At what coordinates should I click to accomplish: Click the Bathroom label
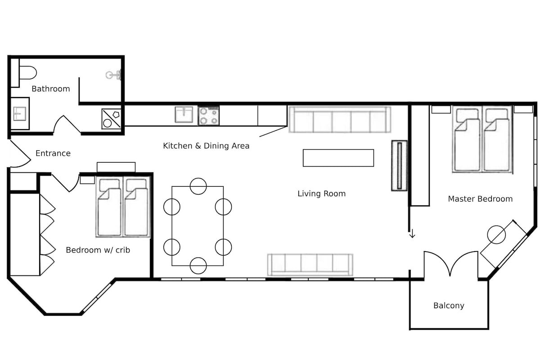point(50,89)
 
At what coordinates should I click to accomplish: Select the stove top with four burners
point(209,116)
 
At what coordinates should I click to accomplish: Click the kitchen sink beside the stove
point(184,115)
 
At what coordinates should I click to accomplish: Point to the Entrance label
point(53,153)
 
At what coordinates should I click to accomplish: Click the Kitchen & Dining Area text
point(206,146)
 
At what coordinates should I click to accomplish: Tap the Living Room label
point(321,194)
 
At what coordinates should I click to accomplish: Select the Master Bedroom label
point(480,199)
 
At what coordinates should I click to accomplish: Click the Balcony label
point(448,306)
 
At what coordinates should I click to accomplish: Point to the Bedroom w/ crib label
point(98,250)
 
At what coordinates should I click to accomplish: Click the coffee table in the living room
point(338,158)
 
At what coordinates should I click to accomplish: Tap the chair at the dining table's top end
point(198,186)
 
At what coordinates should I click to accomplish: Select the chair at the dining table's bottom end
point(198,265)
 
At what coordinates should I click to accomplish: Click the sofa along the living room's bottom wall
point(310,265)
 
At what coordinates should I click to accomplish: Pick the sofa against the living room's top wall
point(339,120)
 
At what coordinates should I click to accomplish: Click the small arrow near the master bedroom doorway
point(412,234)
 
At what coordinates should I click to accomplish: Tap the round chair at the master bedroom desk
point(496,234)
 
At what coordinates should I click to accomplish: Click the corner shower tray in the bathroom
point(111,119)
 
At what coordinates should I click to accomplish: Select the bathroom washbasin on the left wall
point(19,113)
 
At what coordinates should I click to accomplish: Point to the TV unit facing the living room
point(399,165)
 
